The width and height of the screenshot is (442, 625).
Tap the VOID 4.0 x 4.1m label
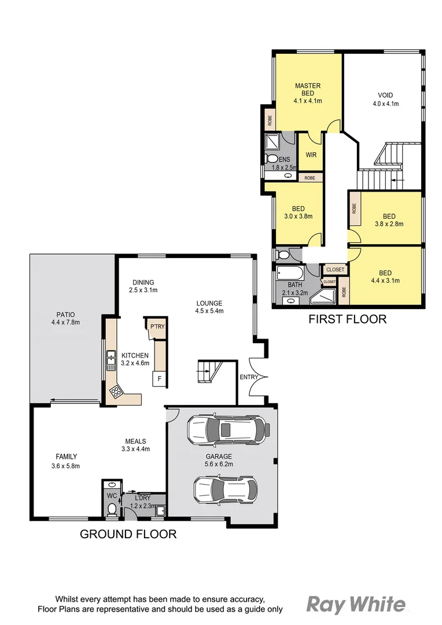[x=388, y=100]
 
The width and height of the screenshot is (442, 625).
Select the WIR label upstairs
[x=311, y=155]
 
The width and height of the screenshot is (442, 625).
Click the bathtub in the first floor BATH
[x=289, y=273]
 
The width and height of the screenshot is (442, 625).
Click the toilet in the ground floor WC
[x=112, y=509]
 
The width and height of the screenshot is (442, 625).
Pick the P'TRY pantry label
[x=157, y=326]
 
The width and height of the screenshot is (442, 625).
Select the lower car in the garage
[x=225, y=490]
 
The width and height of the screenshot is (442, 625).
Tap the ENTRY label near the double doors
[x=249, y=377]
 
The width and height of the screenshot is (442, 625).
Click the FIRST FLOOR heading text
[x=347, y=319]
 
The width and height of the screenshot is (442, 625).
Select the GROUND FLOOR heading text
[x=128, y=534]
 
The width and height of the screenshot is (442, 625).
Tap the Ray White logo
[x=355, y=605]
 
